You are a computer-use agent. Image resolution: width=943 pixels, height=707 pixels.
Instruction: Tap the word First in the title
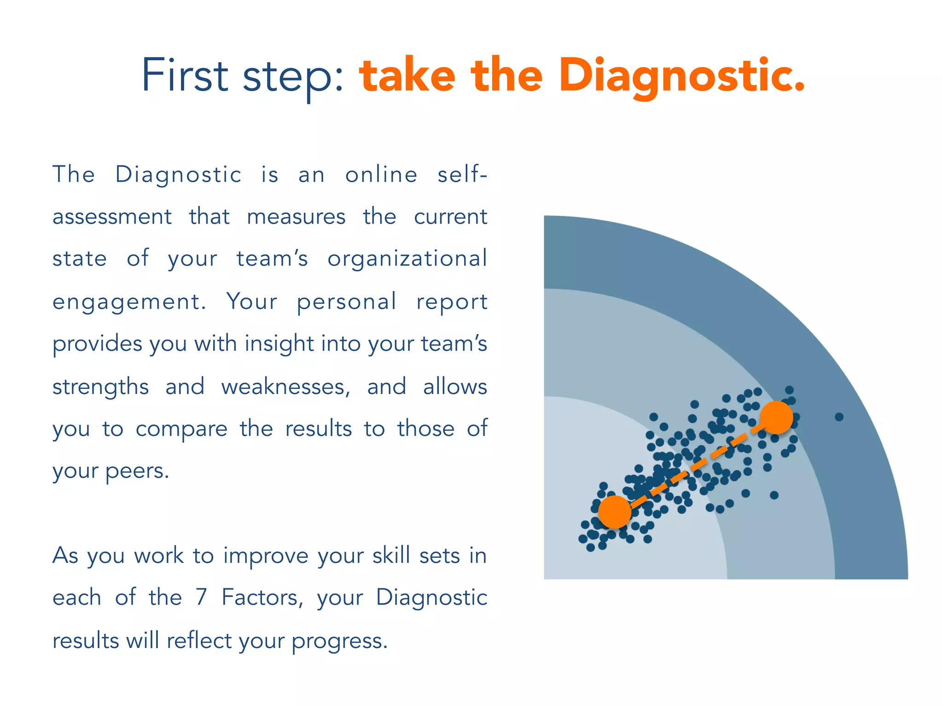184,75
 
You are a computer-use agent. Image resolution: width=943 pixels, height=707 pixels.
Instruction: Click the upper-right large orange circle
776,417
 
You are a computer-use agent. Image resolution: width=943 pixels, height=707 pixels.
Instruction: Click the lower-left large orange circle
615,511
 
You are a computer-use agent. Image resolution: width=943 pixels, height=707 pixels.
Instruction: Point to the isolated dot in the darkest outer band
839,417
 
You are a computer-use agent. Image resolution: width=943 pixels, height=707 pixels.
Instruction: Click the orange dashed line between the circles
695,465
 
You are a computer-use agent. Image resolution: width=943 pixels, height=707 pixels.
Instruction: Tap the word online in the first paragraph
381,175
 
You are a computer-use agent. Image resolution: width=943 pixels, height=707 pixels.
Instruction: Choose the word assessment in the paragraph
112,217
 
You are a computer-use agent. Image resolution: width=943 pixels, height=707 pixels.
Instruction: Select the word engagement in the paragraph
126,302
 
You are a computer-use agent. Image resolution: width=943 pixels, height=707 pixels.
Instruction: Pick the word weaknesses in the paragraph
283,387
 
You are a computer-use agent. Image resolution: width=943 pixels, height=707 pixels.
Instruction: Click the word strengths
100,387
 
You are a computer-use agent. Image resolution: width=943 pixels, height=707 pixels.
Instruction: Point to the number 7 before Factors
201,597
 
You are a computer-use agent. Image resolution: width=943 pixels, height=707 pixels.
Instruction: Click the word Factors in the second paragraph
260,597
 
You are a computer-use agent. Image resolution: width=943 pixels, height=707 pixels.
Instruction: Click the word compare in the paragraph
181,429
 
